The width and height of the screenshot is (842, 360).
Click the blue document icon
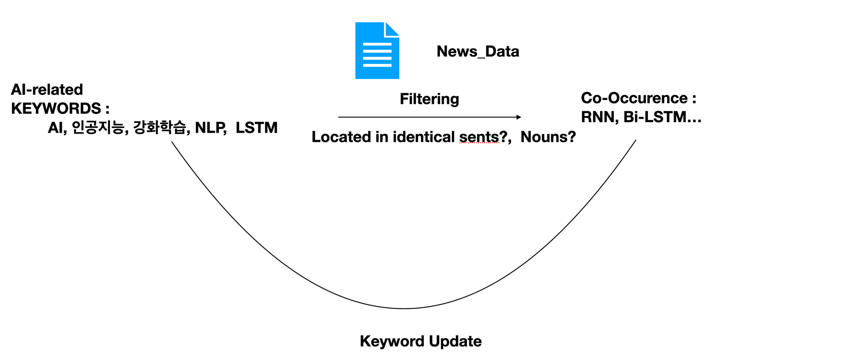point(377,51)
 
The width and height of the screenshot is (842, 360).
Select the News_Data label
point(478,51)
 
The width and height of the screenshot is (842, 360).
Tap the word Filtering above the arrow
point(429,99)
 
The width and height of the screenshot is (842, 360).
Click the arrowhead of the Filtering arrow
point(519,117)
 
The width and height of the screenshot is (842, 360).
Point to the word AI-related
point(47,89)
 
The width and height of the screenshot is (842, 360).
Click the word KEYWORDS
point(56,109)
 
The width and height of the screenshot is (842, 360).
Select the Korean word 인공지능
point(99,127)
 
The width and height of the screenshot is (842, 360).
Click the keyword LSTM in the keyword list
point(257,128)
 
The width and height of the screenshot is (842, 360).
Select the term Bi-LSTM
point(655,117)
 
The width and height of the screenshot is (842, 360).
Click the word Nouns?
point(548,137)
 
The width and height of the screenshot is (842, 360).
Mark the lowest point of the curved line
point(404,309)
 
